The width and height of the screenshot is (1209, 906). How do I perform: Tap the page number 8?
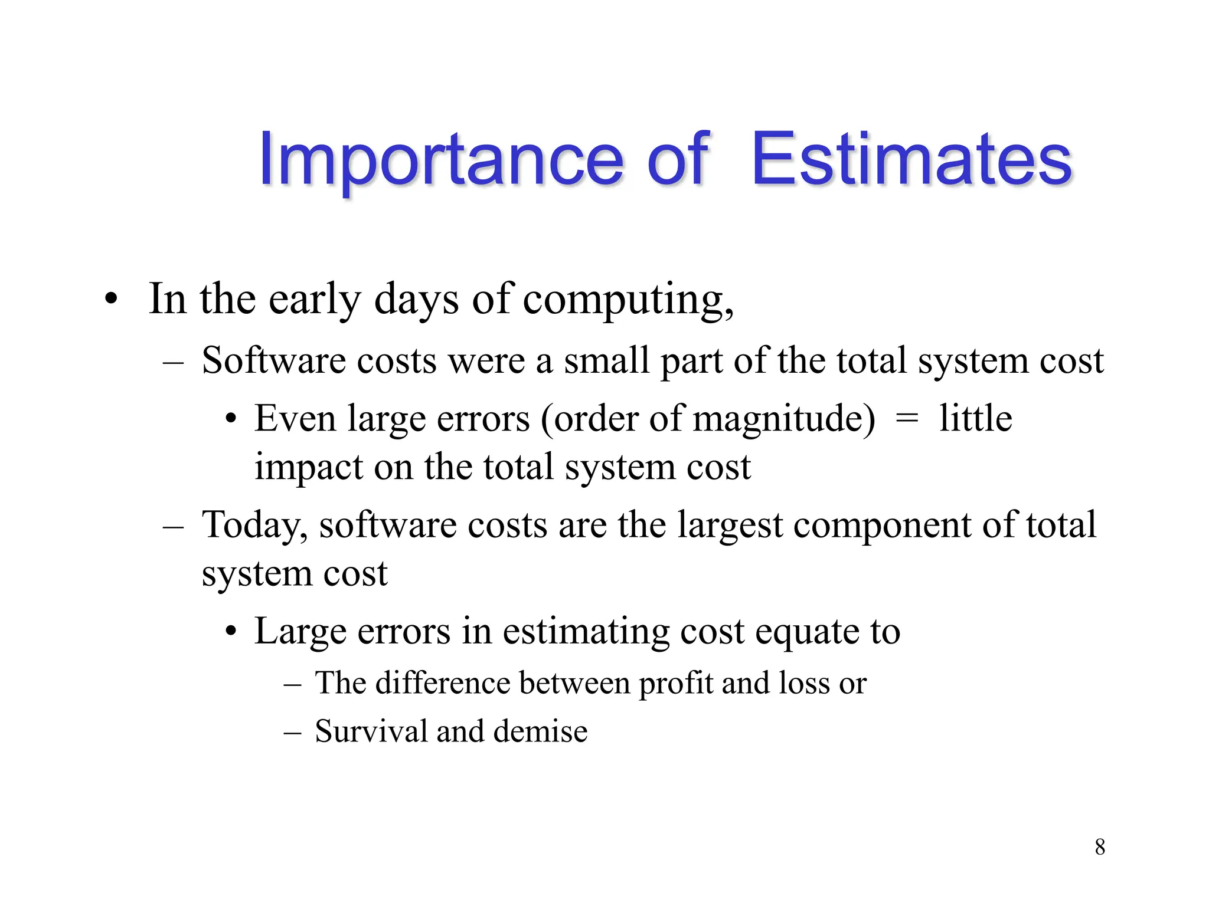click(1100, 847)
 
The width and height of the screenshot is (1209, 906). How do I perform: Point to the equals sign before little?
click(907, 418)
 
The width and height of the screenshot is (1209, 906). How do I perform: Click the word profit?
click(677, 684)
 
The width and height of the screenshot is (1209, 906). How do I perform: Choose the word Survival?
click(371, 731)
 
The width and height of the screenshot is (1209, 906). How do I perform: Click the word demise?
click(540, 731)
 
